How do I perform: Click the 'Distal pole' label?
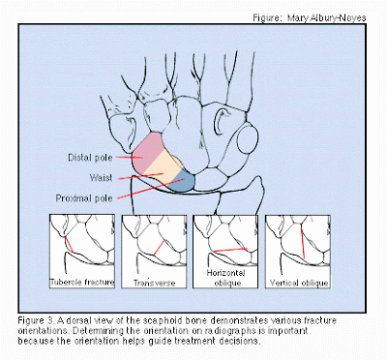point(90,158)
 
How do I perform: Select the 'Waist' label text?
point(101,178)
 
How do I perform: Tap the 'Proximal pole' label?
point(84,198)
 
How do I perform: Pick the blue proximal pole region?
point(183,181)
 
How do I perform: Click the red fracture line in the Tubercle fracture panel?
point(69,245)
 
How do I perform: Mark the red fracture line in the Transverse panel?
point(159,248)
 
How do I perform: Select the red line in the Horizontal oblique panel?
point(230,250)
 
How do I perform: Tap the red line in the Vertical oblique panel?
point(303,243)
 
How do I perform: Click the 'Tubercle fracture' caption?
point(82,283)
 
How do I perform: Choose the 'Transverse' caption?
point(155,283)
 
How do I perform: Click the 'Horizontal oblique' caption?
point(226,278)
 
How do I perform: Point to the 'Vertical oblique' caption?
point(299,283)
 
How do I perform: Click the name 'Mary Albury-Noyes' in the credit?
point(327,17)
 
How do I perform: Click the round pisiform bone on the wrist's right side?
point(248,139)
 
